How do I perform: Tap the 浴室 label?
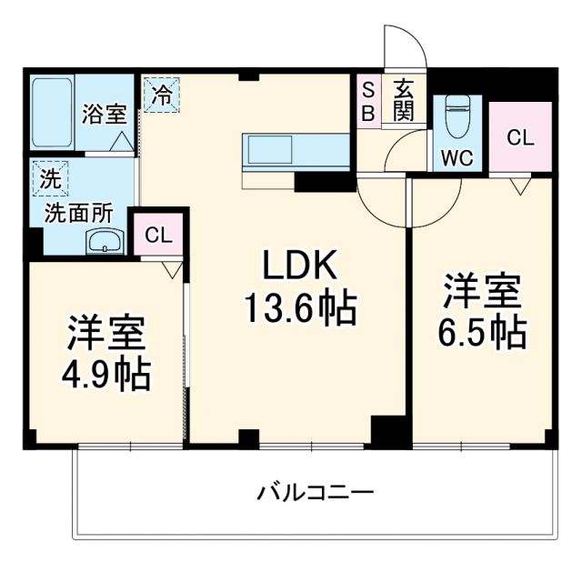pos(104,115)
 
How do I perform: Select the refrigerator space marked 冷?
pos(161,96)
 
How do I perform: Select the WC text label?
pos(457,157)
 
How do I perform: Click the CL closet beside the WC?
pos(520,138)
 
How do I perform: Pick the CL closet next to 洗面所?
pos(158,235)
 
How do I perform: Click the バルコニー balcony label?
pos(314,494)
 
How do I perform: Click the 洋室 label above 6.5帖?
pos(483,291)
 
